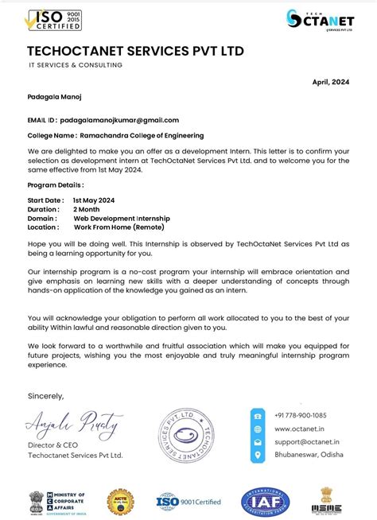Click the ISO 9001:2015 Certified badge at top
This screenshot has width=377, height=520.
click(54, 20)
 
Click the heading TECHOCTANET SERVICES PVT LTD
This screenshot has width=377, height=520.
click(135, 52)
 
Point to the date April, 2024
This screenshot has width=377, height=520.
click(330, 81)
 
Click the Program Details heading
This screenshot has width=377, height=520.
click(55, 184)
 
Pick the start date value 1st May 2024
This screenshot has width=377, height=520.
click(94, 200)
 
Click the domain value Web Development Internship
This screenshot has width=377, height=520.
click(122, 218)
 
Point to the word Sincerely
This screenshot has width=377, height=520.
click(45, 395)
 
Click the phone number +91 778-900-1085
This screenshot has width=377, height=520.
click(301, 416)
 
